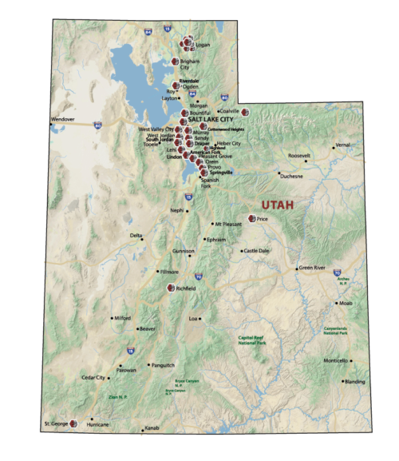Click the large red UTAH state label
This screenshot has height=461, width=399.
[272, 205]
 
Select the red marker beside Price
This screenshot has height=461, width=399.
[251, 218]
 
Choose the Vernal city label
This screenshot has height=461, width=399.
[343, 145]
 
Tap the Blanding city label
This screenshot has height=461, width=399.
[355, 381]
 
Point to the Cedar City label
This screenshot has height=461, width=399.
[93, 377]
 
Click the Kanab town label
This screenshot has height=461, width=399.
[152, 428]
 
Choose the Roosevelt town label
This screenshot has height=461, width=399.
[299, 155]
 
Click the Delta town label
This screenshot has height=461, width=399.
[136, 235]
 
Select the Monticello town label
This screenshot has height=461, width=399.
[335, 361]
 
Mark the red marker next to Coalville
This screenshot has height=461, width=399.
[246, 112]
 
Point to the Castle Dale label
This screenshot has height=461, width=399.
[256, 251]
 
